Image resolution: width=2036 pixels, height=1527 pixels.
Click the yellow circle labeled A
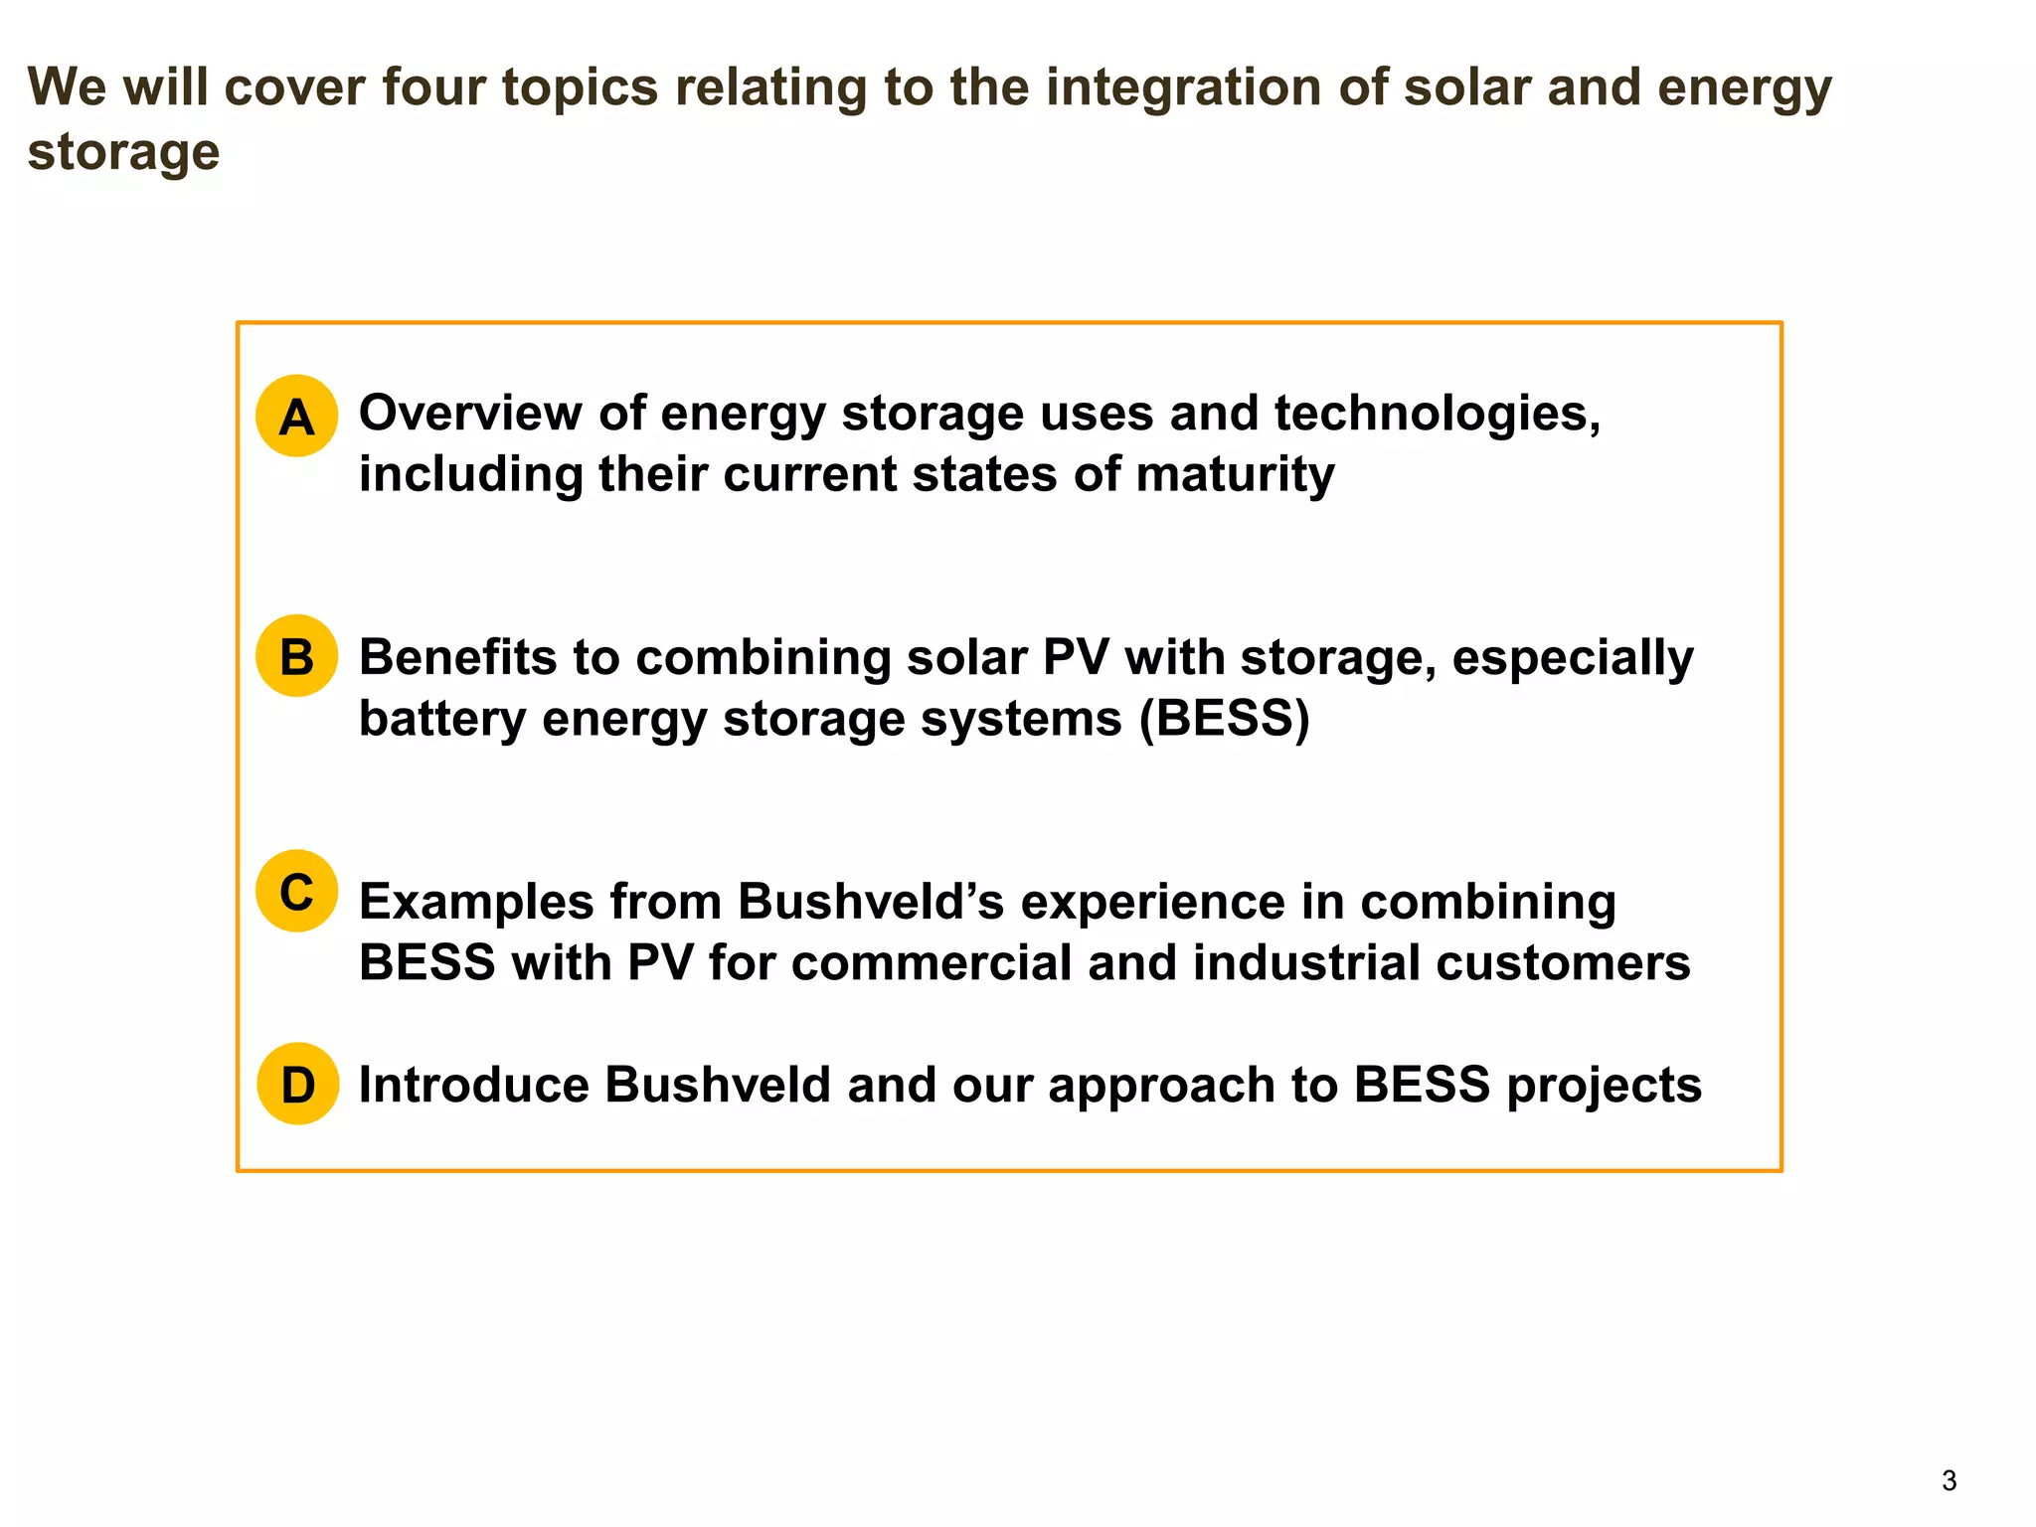296,417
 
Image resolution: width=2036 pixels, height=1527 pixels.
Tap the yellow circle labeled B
296,656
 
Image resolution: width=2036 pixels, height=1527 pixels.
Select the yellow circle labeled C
296,891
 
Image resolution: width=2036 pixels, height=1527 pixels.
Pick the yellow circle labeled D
297,1084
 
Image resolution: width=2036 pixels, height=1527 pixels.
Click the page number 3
1949,1481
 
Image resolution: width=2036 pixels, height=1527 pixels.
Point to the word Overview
470,413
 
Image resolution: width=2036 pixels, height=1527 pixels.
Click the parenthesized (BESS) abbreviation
1224,719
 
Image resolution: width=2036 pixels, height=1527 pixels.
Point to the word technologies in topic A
1438,415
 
